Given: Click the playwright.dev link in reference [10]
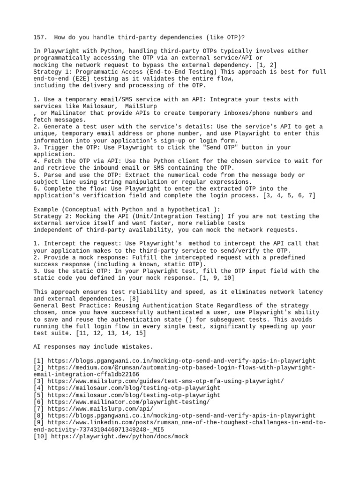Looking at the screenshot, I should point(119,436).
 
